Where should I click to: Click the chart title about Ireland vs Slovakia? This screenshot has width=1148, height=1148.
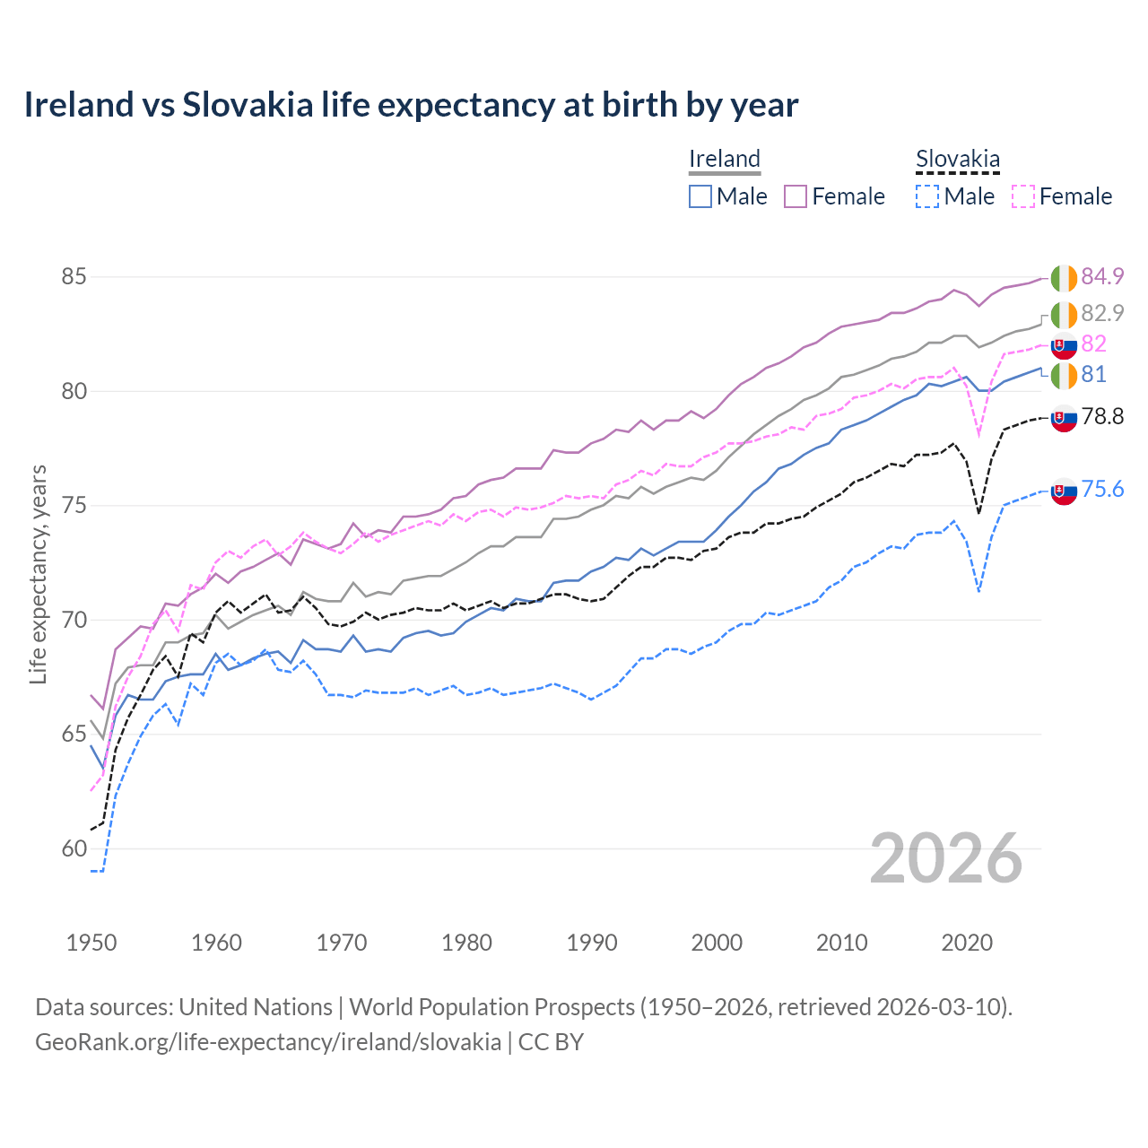pyautogui.click(x=411, y=105)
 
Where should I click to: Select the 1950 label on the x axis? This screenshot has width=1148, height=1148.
pyautogui.click(x=91, y=943)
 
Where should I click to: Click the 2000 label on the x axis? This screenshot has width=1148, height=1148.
pyautogui.click(x=717, y=943)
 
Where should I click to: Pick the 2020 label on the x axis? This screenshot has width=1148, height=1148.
pyautogui.click(x=967, y=943)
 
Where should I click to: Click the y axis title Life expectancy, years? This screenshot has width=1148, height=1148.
pyautogui.click(x=39, y=574)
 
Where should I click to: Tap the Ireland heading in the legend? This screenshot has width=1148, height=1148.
pyautogui.click(x=724, y=159)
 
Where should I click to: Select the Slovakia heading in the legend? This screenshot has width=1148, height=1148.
pyautogui.click(x=957, y=160)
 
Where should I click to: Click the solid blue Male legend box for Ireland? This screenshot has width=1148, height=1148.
pyautogui.click(x=700, y=196)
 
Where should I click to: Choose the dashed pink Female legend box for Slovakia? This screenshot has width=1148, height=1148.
pyautogui.click(x=1023, y=196)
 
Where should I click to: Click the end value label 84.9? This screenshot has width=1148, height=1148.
pyautogui.click(x=1102, y=276)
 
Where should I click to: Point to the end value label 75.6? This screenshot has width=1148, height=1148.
pyautogui.click(x=1102, y=489)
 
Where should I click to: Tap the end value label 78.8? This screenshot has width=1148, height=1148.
pyautogui.click(x=1102, y=416)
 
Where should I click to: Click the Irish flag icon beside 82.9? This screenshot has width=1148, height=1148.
pyautogui.click(x=1064, y=315)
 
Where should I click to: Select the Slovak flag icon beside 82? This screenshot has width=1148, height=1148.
pyautogui.click(x=1064, y=344)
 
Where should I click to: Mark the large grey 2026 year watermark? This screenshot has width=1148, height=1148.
pyautogui.click(x=946, y=858)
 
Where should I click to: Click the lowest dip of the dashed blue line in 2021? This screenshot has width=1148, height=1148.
pyautogui.click(x=978, y=591)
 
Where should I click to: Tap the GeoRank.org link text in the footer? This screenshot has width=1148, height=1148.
pyautogui.click(x=267, y=1042)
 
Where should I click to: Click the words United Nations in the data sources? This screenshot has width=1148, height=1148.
pyautogui.click(x=256, y=1007)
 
